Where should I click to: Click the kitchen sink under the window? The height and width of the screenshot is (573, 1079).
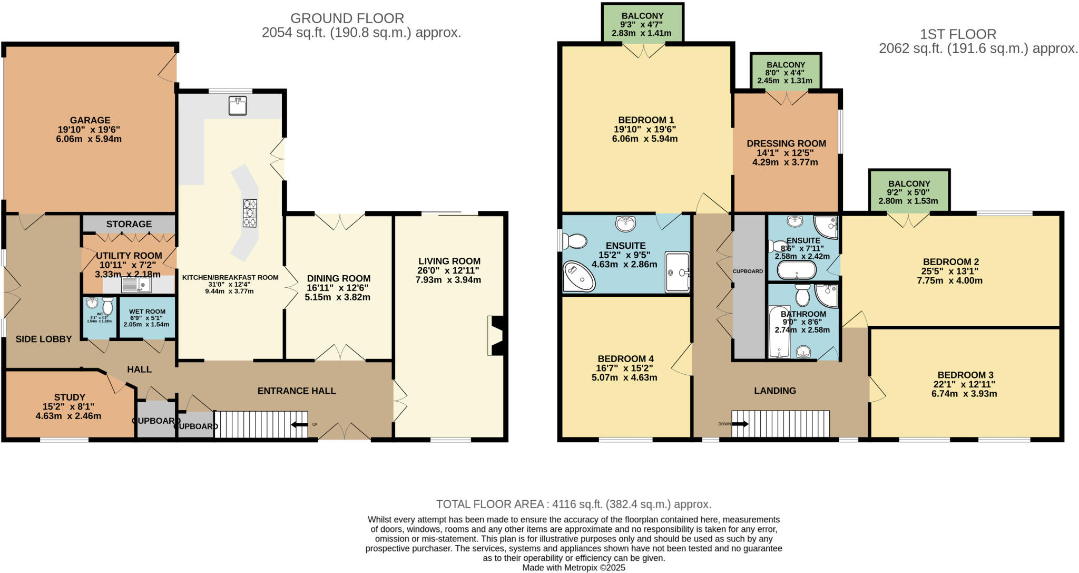[238, 105]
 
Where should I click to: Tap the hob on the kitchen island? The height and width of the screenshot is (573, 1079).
[250, 213]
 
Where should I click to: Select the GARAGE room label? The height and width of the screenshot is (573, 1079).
[90, 120]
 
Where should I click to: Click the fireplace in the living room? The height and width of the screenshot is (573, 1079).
[496, 335]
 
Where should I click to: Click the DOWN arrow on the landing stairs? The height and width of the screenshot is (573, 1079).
[740, 424]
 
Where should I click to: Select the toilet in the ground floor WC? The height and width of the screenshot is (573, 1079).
[107, 306]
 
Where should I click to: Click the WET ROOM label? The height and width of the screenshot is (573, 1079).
[147, 312]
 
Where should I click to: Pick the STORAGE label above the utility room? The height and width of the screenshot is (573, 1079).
[129, 224]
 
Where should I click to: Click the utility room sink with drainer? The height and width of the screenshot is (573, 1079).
[136, 285]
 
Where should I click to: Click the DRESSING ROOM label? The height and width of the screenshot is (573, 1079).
[786, 143]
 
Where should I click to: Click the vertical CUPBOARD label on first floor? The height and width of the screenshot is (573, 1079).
[748, 271]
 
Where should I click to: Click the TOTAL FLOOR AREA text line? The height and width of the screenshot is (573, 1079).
[573, 504]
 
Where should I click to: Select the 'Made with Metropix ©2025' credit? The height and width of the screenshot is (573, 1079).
[573, 568]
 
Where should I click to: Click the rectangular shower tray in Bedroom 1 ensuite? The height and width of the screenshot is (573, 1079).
[677, 272]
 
